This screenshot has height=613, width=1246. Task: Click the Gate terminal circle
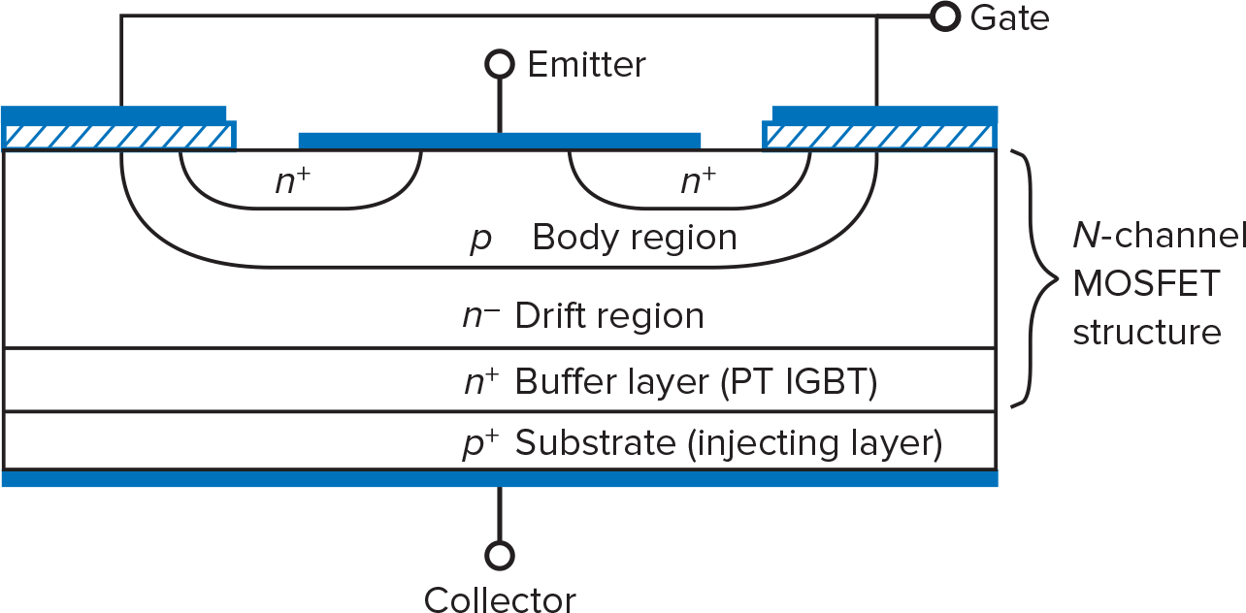(x=944, y=16)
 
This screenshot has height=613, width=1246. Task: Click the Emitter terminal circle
(x=499, y=65)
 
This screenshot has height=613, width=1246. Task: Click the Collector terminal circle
(x=500, y=556)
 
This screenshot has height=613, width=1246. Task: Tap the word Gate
(x=1009, y=17)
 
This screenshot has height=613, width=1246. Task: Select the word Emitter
(x=586, y=65)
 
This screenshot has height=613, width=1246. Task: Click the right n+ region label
(x=698, y=180)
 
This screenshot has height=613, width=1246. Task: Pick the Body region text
(x=635, y=238)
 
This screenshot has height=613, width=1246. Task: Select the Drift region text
(x=609, y=316)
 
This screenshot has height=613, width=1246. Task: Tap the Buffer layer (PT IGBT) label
(x=696, y=382)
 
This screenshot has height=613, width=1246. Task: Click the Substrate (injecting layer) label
(x=728, y=443)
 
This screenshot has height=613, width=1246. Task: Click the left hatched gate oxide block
(x=120, y=136)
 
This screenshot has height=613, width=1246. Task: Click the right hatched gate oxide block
(x=878, y=136)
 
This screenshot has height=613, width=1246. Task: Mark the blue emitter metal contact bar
(x=499, y=141)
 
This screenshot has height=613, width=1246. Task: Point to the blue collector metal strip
(x=499, y=479)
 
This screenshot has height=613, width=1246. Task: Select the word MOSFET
(x=1145, y=285)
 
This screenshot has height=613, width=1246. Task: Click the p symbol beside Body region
(x=480, y=240)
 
